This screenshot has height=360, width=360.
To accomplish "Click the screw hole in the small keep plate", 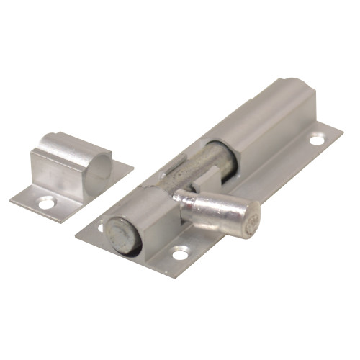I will [x=46, y=204].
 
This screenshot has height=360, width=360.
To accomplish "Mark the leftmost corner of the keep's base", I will [x=11, y=197].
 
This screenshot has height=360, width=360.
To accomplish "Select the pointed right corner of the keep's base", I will [x=133, y=168].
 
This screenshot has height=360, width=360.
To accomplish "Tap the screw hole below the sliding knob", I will [x=178, y=253].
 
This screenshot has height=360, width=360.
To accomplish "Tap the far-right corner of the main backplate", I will [x=343, y=130].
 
